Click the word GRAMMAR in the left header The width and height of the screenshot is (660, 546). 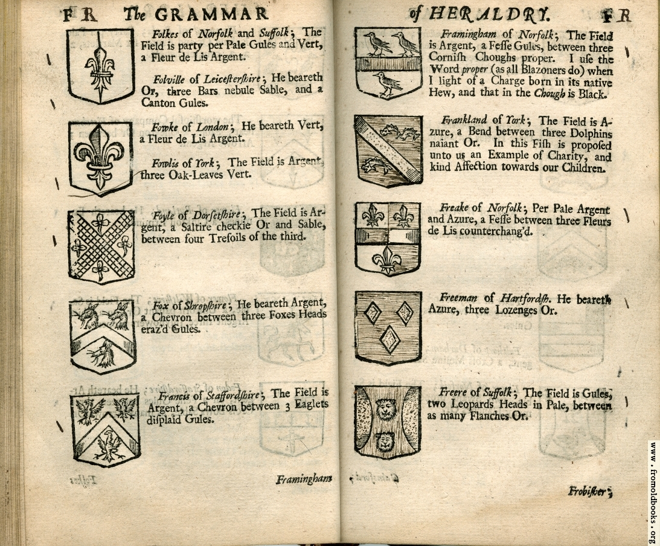tap(211, 15)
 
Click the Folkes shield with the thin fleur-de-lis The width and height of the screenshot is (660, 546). tap(101, 66)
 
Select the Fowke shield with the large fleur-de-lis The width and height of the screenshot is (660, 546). tap(101, 158)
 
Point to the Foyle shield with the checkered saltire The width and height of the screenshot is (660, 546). tap(101, 246)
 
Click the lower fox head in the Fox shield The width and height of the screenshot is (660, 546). tap(103, 353)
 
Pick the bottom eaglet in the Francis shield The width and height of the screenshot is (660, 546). tap(109, 445)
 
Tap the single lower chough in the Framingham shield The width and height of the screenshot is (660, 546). tap(388, 85)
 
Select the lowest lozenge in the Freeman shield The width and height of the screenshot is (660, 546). tap(389, 339)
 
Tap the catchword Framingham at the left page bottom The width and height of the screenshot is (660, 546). tap(304, 479)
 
